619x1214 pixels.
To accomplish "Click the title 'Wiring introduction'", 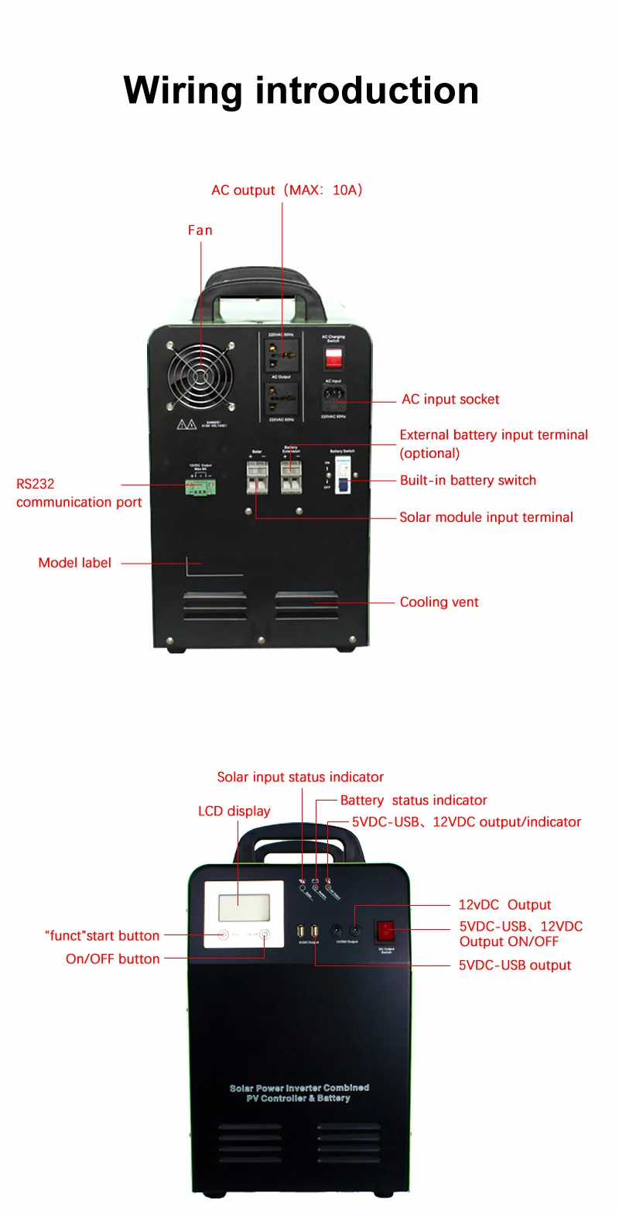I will click(x=301, y=91).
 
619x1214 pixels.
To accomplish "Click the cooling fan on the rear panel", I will click(x=200, y=376).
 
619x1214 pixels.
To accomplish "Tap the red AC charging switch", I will click(x=333, y=357).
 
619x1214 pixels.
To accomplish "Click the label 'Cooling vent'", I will click(x=439, y=602).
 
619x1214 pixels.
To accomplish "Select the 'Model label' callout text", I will click(x=74, y=563).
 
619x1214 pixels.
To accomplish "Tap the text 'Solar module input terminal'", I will click(x=486, y=517).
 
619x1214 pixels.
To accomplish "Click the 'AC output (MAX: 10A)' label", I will click(x=287, y=190).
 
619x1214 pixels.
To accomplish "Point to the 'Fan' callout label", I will click(x=200, y=230).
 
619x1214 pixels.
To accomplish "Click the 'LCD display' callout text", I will click(x=234, y=811).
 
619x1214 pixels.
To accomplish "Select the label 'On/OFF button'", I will click(x=112, y=959).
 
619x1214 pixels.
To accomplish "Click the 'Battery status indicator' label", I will click(x=413, y=801).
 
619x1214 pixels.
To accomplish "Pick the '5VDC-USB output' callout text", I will click(x=515, y=965).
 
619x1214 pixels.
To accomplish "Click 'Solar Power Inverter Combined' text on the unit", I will click(x=299, y=1088).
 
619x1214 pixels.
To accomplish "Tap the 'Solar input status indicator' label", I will click(x=300, y=777).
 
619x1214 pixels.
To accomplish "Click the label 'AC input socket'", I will click(x=450, y=400).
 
